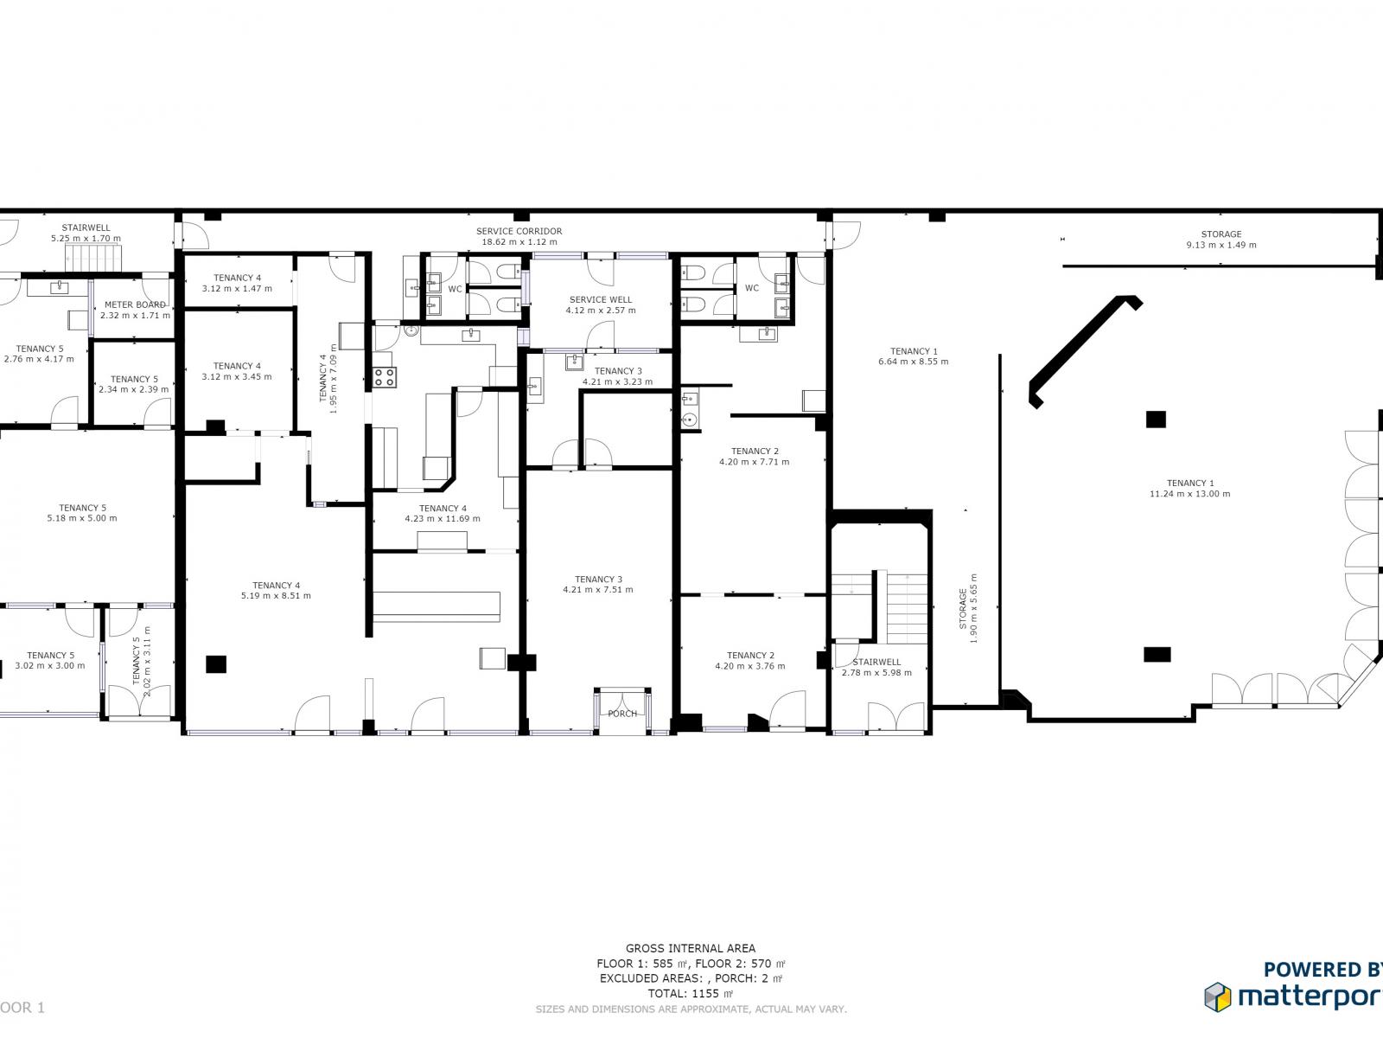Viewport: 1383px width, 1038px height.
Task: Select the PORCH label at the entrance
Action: pos(622,714)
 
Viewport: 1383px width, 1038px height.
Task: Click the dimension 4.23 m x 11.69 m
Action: pos(442,519)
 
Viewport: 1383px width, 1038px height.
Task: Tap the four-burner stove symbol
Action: pos(385,377)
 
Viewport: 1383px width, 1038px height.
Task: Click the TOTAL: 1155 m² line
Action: pos(691,994)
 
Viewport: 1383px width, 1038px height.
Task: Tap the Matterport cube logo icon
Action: pos(1217,996)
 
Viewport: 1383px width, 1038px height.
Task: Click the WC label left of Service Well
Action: pos(455,288)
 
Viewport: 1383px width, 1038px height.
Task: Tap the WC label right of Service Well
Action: pos(752,288)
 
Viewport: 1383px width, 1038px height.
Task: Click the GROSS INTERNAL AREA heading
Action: pos(691,948)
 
